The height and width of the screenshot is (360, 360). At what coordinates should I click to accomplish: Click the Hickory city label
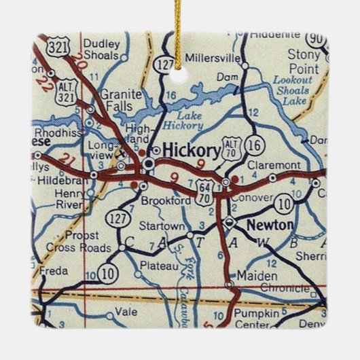point(192,151)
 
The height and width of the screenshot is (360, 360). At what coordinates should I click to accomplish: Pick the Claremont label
point(274,165)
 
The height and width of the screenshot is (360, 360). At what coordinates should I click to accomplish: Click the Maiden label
point(261,276)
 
